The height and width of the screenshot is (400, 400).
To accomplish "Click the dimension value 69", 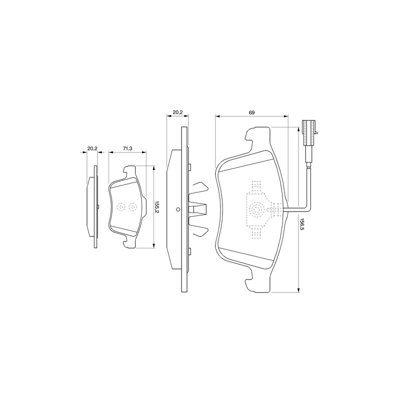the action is [252, 112].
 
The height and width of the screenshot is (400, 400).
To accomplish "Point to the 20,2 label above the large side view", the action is [177, 112].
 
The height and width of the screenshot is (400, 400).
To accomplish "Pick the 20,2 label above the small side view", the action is [92, 148].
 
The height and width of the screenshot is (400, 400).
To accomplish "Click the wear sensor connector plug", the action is [309, 133].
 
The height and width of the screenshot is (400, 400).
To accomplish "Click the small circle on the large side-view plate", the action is [178, 209].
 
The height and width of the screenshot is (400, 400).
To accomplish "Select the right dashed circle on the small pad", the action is [132, 206].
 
